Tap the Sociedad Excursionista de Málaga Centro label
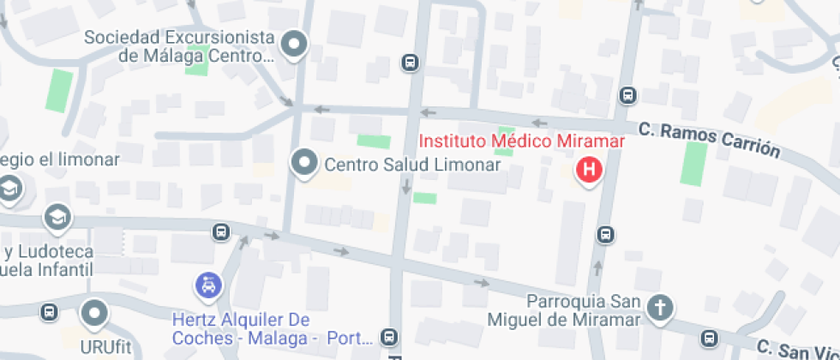click(x=179, y=47)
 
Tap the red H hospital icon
click(x=589, y=170)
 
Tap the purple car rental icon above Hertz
click(x=207, y=285)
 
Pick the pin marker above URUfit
click(x=93, y=313)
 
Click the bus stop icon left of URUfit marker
click(x=49, y=312)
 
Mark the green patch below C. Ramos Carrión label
click(x=693, y=163)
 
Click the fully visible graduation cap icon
click(x=57, y=217)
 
